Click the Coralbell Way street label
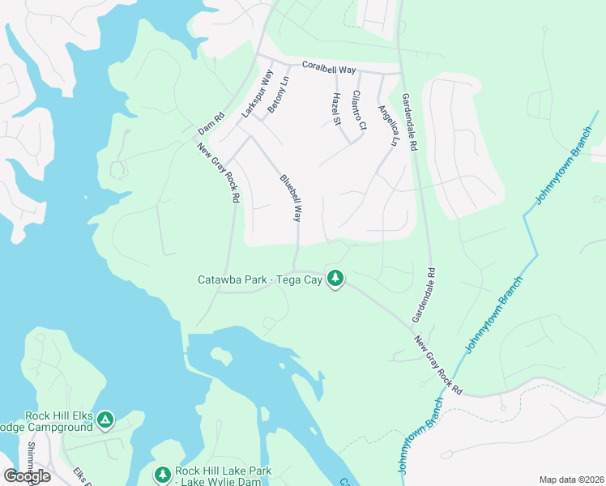tap(329, 70)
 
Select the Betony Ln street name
tap(277, 96)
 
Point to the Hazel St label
tap(336, 109)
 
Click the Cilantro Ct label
tap(359, 110)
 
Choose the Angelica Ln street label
tap(388, 125)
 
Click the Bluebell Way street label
tap(292, 198)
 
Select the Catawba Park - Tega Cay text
tap(260, 280)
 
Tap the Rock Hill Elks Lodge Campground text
tap(57, 422)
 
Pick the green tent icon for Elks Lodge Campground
tap(106, 420)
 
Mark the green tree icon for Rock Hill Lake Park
tap(162, 474)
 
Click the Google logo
tap(27, 476)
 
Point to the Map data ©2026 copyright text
tap(570, 480)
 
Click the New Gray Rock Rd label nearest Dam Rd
tap(219, 173)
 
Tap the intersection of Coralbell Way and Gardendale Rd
tap(401, 74)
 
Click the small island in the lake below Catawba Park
tap(221, 355)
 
